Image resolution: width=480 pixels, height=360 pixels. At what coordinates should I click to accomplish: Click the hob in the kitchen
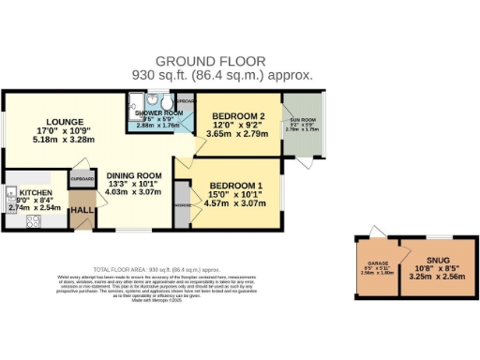click(x=33, y=222)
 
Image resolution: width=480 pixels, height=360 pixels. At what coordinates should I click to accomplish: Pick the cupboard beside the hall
click(x=82, y=178)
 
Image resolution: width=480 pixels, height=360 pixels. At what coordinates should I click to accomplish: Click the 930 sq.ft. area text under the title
click(x=233, y=75)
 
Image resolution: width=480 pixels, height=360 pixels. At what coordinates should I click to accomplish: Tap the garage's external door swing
click(x=375, y=232)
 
